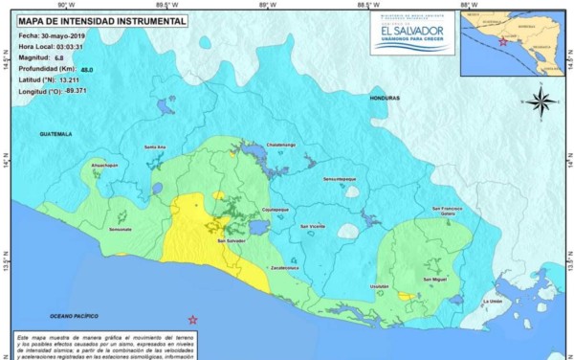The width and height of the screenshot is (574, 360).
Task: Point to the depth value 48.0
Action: click(86, 70)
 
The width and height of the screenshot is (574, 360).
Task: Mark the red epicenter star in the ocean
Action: click(192, 319)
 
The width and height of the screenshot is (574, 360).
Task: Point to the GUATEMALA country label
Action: click(55, 134)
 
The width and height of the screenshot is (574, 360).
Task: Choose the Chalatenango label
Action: click(280, 145)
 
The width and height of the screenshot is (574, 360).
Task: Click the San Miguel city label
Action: click(435, 279)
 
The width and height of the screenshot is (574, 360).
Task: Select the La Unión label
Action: click(493, 301)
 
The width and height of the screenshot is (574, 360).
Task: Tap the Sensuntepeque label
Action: click(340, 179)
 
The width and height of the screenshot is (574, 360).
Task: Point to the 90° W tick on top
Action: click(64, 5)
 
